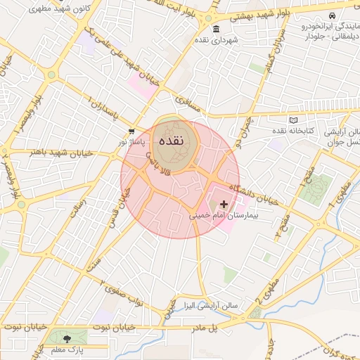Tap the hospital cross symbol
click(x=224, y=204)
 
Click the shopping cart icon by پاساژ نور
click(x=131, y=131)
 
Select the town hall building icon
click(x=215, y=29)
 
